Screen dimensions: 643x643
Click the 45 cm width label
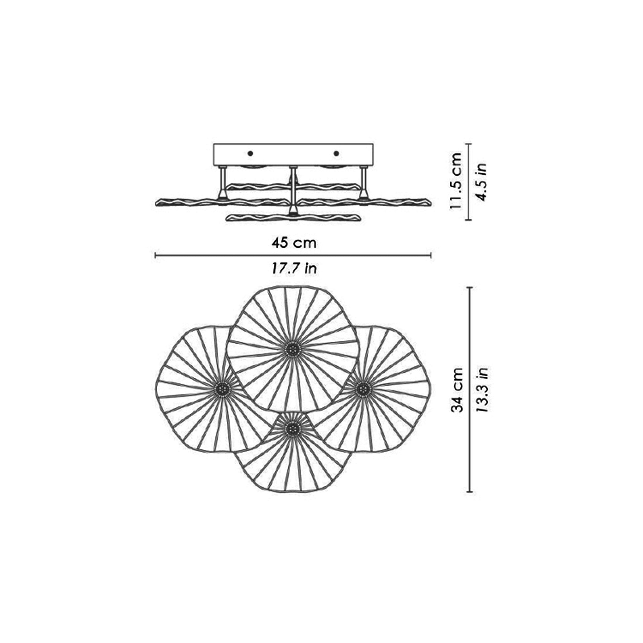tap(293, 243)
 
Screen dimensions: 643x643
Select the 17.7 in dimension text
tap(293, 268)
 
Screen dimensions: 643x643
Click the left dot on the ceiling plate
tap(250, 153)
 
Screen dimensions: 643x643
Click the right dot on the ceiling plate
tap(336, 153)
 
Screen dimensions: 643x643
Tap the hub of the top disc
tap(293, 350)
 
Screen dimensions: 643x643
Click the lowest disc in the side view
tap(293, 218)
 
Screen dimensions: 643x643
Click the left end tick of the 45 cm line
tap(156, 255)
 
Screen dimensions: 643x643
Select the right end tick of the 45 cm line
tap(431, 255)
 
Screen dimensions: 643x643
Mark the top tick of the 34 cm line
tap(470, 287)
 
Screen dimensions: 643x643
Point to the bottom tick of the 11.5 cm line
tap(469, 220)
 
